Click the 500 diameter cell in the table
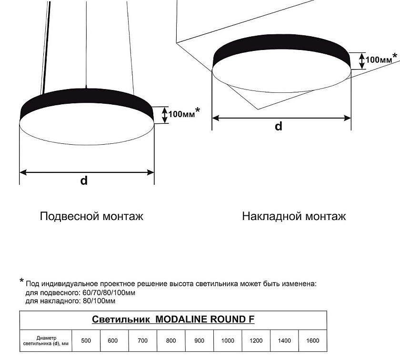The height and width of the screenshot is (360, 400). (86, 340)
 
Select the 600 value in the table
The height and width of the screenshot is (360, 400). (112, 340)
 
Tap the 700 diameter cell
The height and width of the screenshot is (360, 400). (142, 340)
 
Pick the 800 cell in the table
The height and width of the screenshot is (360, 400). (171, 340)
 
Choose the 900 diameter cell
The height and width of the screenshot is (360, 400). (199, 340)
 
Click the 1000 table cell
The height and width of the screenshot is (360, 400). (228, 340)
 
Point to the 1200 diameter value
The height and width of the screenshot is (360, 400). (256, 340)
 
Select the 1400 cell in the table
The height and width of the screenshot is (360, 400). (284, 340)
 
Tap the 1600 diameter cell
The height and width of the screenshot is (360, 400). (312, 340)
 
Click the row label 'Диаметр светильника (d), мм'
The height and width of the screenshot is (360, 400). (46, 340)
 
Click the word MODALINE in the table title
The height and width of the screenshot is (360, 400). (181, 320)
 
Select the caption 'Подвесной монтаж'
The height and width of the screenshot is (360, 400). (91, 216)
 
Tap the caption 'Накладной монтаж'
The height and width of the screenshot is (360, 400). (294, 216)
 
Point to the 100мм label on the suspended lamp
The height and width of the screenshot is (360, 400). (181, 114)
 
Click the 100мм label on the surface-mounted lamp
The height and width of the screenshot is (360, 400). (379, 60)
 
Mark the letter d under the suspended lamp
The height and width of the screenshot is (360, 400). (84, 180)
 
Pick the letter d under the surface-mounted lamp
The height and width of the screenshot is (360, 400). (279, 126)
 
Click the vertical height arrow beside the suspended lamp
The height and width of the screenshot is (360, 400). (165, 115)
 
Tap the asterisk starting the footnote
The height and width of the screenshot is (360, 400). (22, 281)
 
